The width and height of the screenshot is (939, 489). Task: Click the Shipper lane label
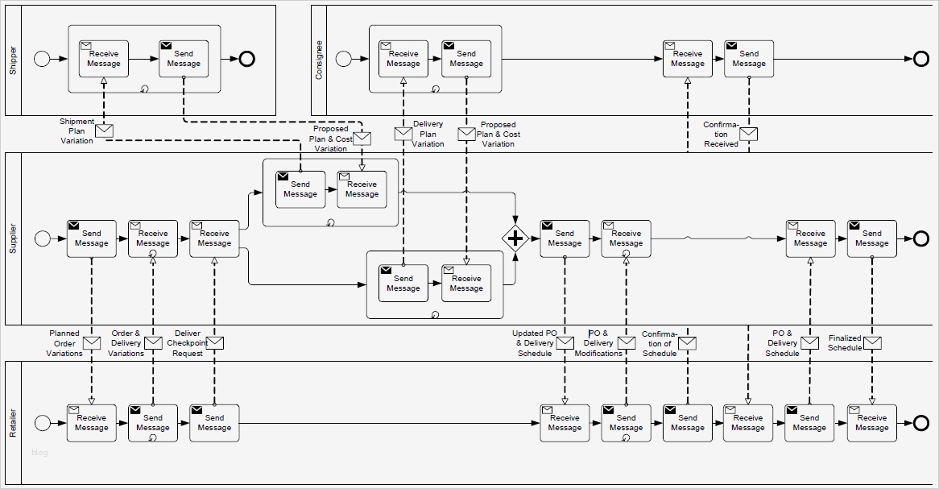(13, 60)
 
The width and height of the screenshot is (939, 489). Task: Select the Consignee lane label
(319, 60)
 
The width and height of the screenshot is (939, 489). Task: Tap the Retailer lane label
(13, 423)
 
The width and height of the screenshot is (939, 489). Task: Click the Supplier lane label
(13, 238)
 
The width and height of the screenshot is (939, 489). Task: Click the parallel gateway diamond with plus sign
(514, 238)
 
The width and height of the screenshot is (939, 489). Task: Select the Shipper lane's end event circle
(246, 58)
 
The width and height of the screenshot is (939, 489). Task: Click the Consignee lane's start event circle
(343, 58)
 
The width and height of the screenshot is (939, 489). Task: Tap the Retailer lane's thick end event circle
(921, 423)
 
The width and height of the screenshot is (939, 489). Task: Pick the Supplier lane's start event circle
(42, 238)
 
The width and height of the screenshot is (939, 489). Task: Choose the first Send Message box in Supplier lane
(91, 238)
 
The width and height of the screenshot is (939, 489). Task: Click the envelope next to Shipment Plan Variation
(104, 131)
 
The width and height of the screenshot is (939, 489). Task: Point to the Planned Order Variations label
(64, 343)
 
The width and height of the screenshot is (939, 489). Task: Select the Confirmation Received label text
(721, 135)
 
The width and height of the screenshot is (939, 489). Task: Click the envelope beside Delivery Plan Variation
(403, 134)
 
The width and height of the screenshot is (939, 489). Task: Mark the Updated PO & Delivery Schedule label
(535, 343)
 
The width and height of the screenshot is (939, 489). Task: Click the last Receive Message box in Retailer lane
(871, 423)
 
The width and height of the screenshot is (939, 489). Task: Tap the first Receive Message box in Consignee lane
(403, 59)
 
